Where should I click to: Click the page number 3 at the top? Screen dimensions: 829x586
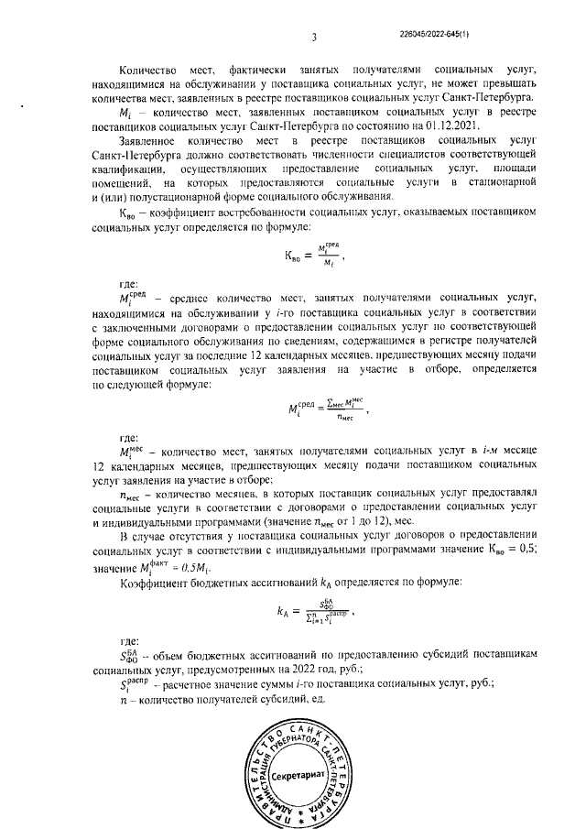click(314, 38)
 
